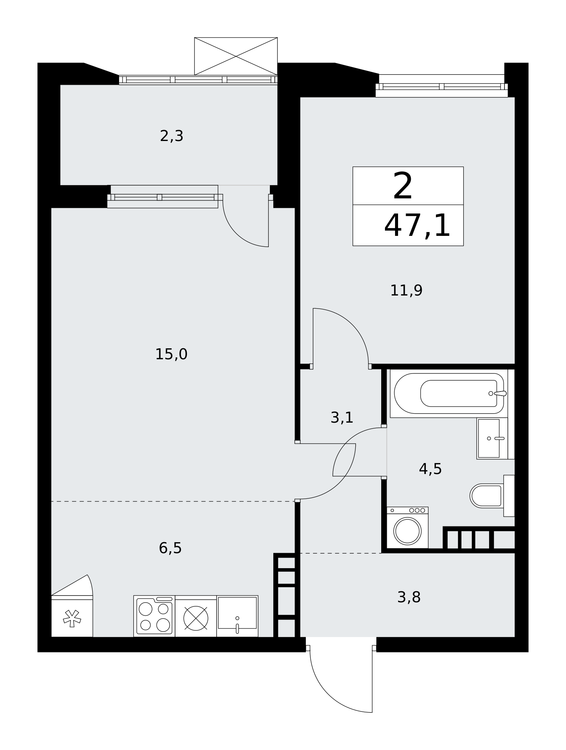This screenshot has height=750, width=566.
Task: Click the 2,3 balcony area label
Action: (x=171, y=136)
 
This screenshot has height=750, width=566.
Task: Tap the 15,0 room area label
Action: (x=171, y=354)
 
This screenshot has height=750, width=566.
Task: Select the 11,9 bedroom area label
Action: (x=406, y=290)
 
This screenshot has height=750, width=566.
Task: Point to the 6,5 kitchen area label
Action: (x=170, y=548)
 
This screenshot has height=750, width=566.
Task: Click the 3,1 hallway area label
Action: (x=342, y=417)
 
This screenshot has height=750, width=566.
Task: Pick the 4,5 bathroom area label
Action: (x=430, y=469)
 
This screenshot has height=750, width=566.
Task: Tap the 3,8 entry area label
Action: (x=409, y=597)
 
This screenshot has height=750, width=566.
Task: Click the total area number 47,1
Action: (x=417, y=225)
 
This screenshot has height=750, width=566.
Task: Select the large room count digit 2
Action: (x=403, y=186)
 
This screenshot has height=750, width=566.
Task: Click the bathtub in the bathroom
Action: (x=449, y=393)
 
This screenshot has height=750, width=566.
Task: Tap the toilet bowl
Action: (x=487, y=496)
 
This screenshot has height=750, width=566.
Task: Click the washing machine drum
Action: (x=407, y=531)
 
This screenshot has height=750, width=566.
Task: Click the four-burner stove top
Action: (x=154, y=616)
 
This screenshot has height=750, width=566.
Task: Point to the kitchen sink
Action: (x=237, y=616)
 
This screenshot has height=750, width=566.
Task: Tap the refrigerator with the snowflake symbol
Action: (x=72, y=616)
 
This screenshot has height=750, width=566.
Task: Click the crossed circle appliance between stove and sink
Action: (x=196, y=618)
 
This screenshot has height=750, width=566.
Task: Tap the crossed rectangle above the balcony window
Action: (x=236, y=56)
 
